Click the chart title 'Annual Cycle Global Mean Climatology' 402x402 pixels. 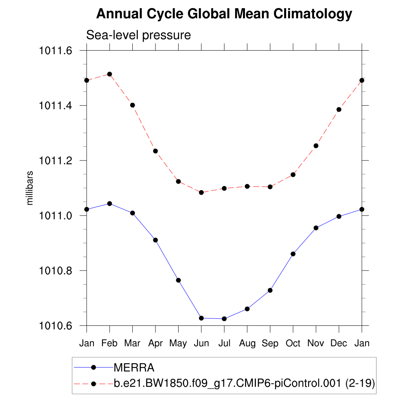(x=224, y=14)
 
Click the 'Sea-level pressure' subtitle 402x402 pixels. (x=138, y=35)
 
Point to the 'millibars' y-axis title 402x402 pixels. (x=30, y=188)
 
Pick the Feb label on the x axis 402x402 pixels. (x=110, y=344)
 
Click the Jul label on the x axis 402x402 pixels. (x=224, y=344)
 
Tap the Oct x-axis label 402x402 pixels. (x=293, y=344)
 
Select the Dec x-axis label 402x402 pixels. (x=339, y=344)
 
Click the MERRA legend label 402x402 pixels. (x=134, y=368)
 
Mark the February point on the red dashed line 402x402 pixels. (x=110, y=74)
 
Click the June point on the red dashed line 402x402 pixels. (x=201, y=192)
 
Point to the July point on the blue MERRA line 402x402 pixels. (x=224, y=319)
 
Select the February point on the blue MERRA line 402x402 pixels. (x=110, y=203)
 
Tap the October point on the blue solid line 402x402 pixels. (x=293, y=254)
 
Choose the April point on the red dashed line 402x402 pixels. (x=155, y=151)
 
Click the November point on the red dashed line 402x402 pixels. (x=316, y=146)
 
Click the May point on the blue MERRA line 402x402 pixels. (x=178, y=280)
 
